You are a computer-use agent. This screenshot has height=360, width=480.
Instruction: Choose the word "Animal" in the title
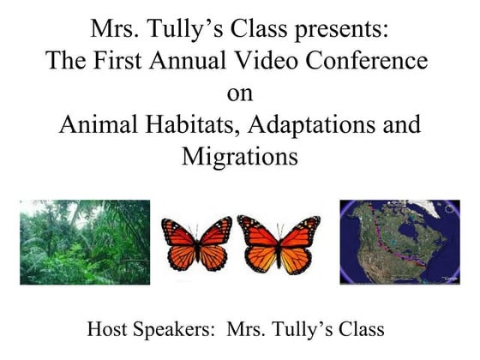pyautogui.click(x=98, y=125)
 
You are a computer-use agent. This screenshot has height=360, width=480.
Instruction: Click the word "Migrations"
pyautogui.click(x=239, y=158)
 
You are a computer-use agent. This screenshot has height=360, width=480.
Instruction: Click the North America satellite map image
pyautogui.click(x=399, y=243)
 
